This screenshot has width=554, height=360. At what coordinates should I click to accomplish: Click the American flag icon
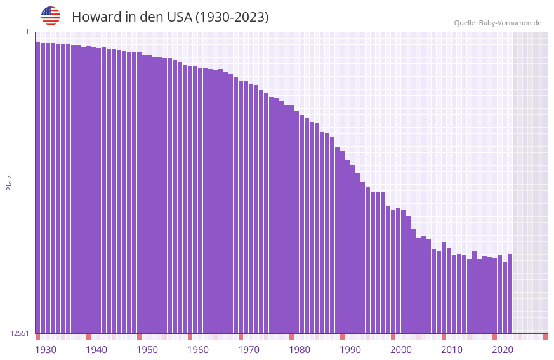tap(51, 16)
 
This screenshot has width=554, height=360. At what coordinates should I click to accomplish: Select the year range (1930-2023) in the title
tap(232, 17)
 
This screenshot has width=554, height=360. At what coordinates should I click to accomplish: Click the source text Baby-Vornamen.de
tap(510, 23)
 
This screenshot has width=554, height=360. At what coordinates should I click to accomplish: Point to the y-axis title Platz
tap(9, 182)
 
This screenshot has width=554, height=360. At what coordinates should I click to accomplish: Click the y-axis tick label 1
tap(27, 32)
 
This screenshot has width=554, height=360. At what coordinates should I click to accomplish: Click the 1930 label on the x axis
tap(46, 350)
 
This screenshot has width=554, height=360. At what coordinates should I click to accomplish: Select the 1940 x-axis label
tap(96, 350)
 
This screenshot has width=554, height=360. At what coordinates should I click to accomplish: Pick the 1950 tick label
tap(147, 350)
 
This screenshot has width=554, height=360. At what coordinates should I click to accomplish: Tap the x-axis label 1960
tap(198, 350)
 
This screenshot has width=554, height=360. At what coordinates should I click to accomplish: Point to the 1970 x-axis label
tap(249, 350)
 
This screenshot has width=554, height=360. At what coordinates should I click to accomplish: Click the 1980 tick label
tap(300, 350)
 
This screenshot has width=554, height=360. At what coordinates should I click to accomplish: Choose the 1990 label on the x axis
tap(350, 350)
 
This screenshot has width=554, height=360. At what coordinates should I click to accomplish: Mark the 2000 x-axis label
tap(401, 350)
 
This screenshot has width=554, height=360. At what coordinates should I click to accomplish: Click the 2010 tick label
tap(452, 350)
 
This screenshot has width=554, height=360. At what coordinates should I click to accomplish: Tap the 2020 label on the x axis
tap(503, 350)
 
